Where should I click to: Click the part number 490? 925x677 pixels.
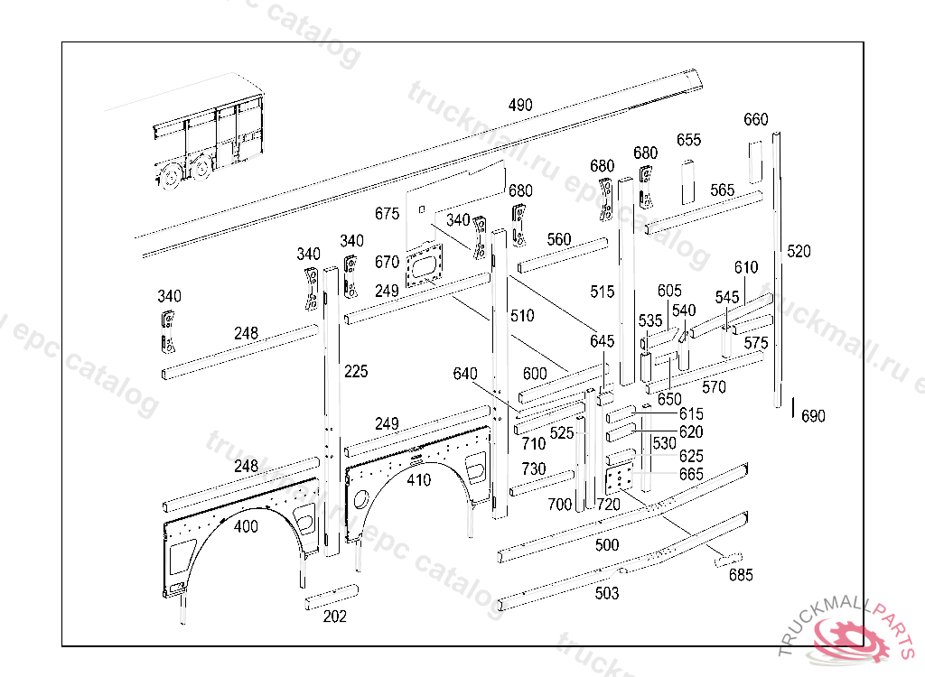tap(520, 106)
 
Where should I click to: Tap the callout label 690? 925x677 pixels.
tap(813, 416)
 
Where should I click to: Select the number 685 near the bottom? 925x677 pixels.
tap(741, 575)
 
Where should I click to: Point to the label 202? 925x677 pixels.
tap(335, 617)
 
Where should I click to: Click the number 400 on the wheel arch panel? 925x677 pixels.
tap(246, 526)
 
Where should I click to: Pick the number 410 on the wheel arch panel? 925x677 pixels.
tap(418, 480)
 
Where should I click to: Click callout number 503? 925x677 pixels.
tap(607, 593)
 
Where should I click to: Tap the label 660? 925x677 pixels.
tap(756, 120)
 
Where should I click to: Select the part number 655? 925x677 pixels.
tap(688, 140)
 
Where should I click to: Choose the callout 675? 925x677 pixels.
tap(387, 214)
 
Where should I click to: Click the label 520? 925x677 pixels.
tap(799, 251)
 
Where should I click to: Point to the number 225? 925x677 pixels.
tap(356, 371)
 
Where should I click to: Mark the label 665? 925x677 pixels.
tap(691, 475)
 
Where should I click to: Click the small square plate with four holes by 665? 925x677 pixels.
tap(619, 479)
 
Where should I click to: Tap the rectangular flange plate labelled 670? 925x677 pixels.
tap(426, 268)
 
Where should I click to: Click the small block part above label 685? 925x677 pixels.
tap(729, 560)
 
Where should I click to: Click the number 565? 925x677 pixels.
tap(723, 190)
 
